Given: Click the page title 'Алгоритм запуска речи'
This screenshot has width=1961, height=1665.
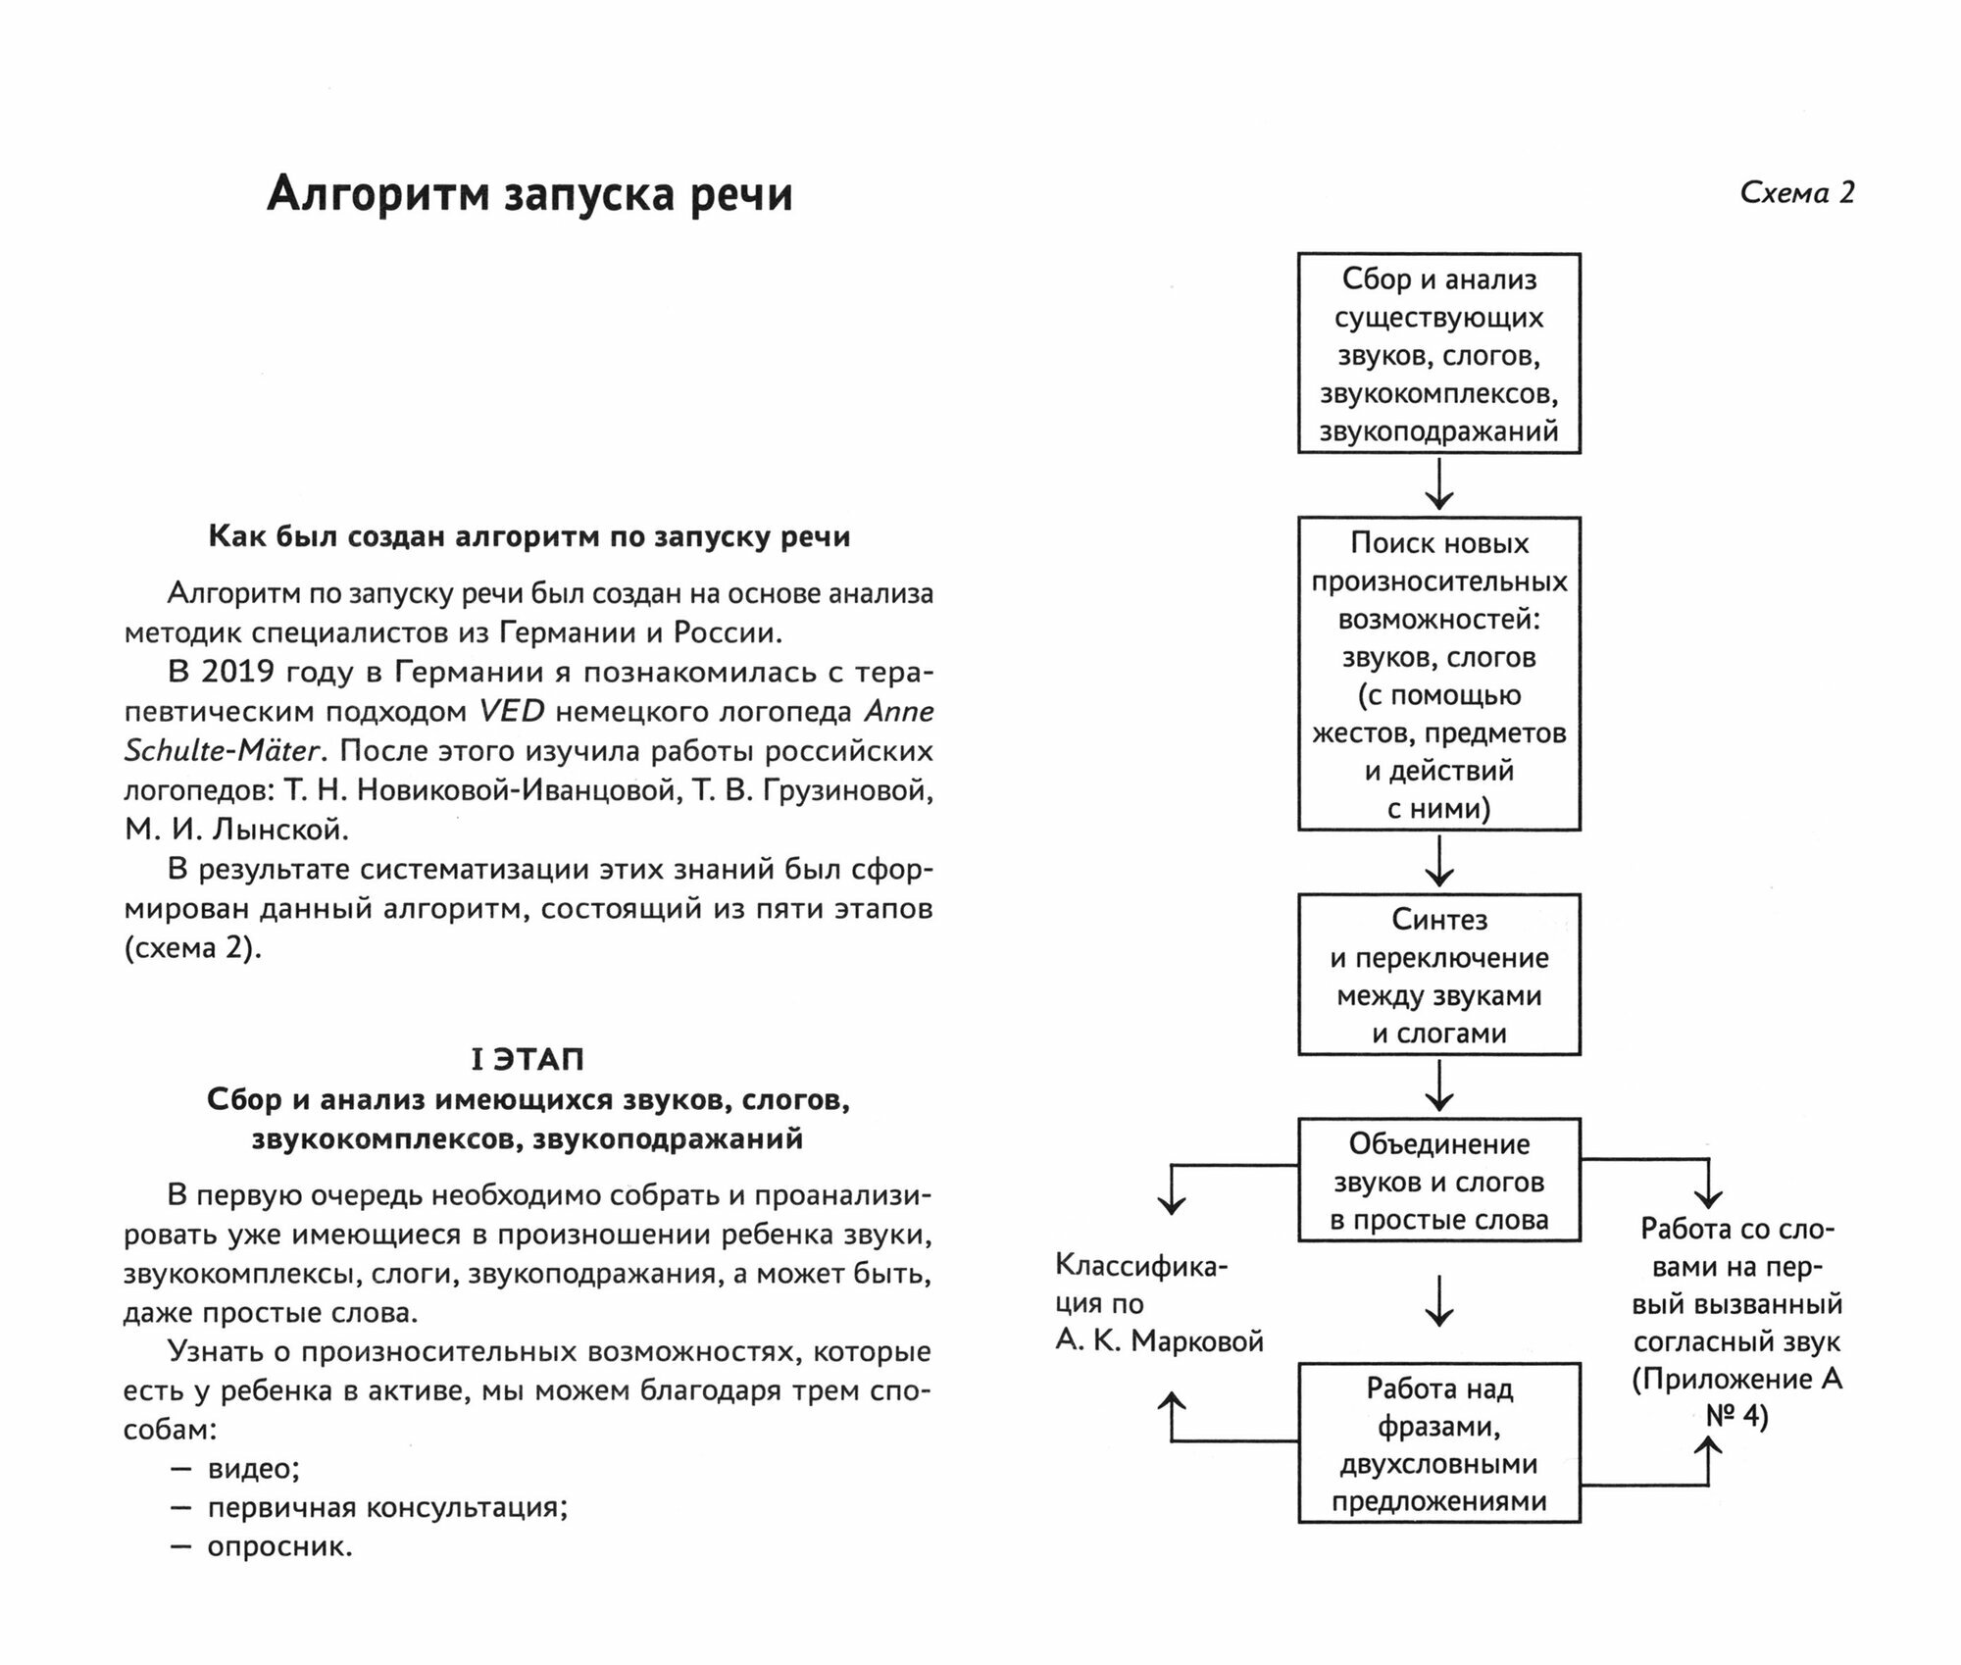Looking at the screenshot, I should click(x=529, y=194).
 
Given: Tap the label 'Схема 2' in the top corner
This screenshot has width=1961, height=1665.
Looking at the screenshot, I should click(x=1796, y=193).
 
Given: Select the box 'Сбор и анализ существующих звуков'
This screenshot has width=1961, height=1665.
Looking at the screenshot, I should click(x=1438, y=354).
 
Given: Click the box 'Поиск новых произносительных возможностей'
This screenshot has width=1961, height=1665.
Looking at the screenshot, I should click(x=1438, y=675).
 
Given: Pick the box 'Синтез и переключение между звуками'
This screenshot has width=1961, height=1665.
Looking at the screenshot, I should click(x=1438, y=975).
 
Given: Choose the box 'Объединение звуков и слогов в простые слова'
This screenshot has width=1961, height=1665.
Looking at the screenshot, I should click(x=1438, y=1182).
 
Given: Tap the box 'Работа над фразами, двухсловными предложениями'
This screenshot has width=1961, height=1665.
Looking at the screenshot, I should click(x=1438, y=1443).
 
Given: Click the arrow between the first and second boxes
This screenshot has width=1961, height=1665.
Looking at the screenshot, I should click(x=1438, y=485).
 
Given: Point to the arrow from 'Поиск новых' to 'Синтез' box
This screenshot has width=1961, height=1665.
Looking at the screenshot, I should click(x=1438, y=862).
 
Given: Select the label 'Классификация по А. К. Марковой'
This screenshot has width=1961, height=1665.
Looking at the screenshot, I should click(x=1157, y=1303).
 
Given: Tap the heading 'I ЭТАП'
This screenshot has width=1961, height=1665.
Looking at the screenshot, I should click(x=528, y=1059).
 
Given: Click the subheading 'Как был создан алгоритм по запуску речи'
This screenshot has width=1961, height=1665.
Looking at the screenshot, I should click(x=529, y=536).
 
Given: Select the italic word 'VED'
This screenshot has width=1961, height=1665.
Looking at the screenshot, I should click(x=511, y=711).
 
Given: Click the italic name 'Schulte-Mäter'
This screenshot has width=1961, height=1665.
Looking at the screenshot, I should click(x=222, y=750).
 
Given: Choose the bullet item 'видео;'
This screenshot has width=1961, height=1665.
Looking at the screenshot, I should click(x=253, y=1469).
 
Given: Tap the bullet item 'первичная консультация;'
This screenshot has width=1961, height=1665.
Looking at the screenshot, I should click(x=387, y=1507).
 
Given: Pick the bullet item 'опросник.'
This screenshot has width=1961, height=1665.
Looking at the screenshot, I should click(x=279, y=1547).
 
